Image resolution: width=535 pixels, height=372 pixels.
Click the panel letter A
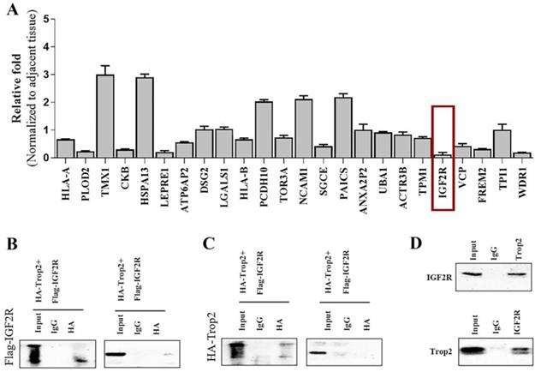pyautogui.click(x=11, y=9)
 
